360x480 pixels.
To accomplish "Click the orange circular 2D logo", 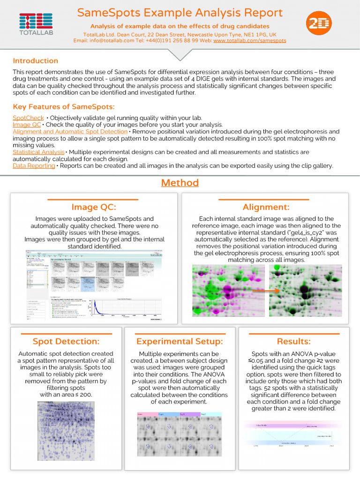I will pos(319,25).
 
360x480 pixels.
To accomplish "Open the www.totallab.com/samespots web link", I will pos(249,41).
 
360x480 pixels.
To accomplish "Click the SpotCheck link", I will pos(28,118).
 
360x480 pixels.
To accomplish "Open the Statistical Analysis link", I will pos(38,152).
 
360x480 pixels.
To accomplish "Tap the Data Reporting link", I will pos(34,166).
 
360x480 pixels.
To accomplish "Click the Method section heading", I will pos(180,183).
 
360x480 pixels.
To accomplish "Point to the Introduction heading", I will pos(36,61).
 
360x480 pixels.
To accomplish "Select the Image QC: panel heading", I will pos(94,207).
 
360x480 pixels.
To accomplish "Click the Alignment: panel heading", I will pos(266,207).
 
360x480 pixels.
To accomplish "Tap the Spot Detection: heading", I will pos(66,341).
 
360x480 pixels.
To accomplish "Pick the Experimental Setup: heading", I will pos(180,341).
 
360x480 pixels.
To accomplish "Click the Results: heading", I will pos(293,341).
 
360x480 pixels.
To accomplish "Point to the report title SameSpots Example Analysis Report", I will pos(180,13).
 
